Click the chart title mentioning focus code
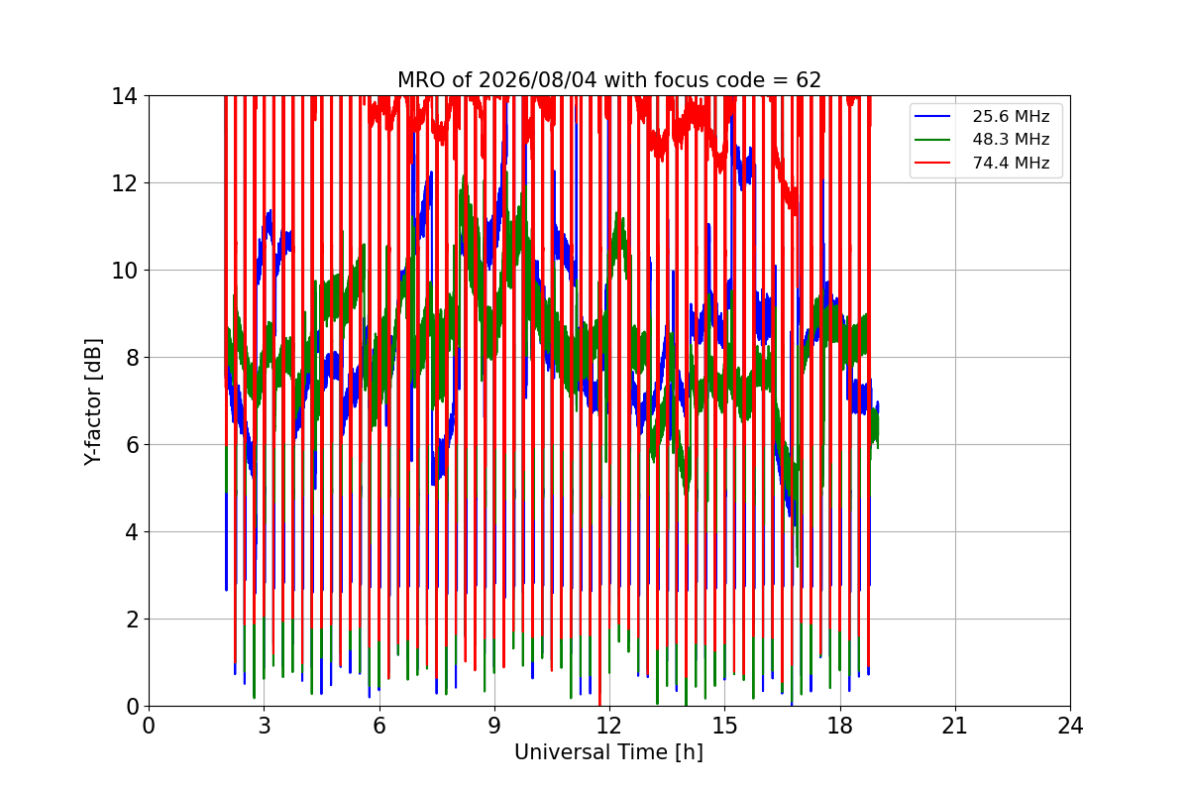point(609,80)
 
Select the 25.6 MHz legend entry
point(982,116)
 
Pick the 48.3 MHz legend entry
point(982,139)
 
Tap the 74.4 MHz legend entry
point(982,163)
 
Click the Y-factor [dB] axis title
point(93,402)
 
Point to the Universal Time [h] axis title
point(608,752)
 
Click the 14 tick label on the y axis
point(124,97)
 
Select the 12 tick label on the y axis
point(124,183)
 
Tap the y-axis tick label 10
point(124,271)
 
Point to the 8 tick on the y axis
point(132,358)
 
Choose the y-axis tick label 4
point(132,532)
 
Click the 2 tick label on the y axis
point(132,620)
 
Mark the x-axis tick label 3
point(265,726)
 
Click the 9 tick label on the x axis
point(494,726)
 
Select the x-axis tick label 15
point(725,726)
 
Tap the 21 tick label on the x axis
point(955,726)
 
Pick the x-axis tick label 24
point(1071,726)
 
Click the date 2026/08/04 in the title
point(538,80)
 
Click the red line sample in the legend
point(932,163)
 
